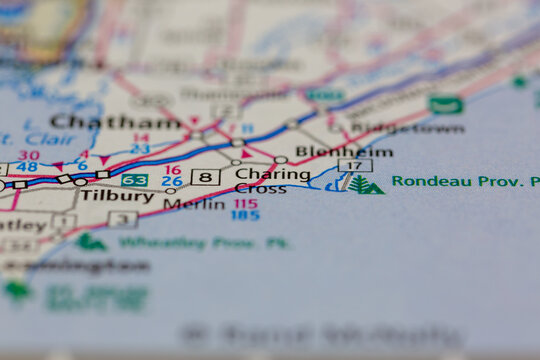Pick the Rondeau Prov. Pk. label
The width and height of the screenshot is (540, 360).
464,182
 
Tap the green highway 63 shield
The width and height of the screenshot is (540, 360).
135,181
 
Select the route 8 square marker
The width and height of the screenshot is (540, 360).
205,177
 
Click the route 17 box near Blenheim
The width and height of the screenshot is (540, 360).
355,165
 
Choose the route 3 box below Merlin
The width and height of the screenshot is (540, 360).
123,219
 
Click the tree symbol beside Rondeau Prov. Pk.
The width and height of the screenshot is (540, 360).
364,185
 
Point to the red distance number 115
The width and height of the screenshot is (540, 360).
245,203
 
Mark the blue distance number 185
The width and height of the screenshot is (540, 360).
245,215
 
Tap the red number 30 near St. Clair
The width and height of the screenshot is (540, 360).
29,156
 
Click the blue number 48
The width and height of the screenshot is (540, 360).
27,167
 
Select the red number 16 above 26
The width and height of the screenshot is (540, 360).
173,171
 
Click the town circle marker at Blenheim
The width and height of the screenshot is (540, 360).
281,160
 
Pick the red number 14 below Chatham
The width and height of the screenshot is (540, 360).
140,138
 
